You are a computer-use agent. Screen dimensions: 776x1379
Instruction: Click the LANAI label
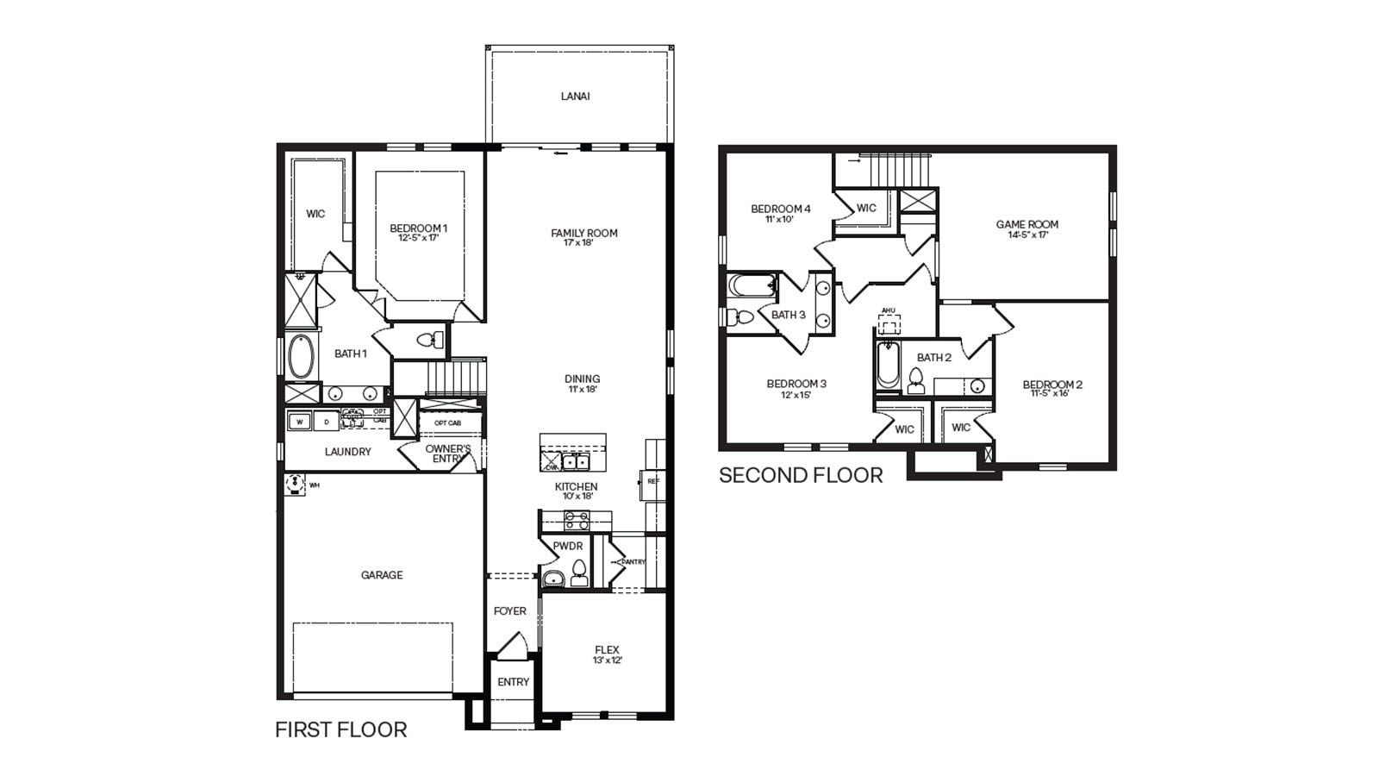click(x=575, y=97)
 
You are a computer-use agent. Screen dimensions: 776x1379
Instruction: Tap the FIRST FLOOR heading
click(x=340, y=729)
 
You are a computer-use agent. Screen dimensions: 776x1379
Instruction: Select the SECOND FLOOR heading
click(x=801, y=475)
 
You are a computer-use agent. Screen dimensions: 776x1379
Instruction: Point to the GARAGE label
click(x=382, y=575)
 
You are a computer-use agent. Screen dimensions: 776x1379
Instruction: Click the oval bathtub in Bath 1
click(x=301, y=357)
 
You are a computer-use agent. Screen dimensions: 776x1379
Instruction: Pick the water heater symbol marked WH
click(x=296, y=484)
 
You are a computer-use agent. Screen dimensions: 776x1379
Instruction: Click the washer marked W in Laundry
click(x=299, y=422)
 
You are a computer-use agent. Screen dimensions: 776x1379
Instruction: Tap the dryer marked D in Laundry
click(x=326, y=422)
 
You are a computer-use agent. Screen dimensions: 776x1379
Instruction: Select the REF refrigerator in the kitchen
click(x=652, y=482)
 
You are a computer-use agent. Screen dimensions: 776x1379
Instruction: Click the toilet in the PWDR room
click(x=579, y=573)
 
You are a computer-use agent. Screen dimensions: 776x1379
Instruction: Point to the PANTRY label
click(x=633, y=562)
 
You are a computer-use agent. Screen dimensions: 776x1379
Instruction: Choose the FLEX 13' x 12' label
click(x=607, y=654)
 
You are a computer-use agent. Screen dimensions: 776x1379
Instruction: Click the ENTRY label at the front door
click(x=513, y=682)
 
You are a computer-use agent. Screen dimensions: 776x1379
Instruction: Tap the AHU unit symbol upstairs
click(x=889, y=323)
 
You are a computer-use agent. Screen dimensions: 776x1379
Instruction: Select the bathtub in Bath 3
click(x=752, y=285)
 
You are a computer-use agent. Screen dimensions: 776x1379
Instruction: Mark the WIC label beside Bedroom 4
click(x=866, y=208)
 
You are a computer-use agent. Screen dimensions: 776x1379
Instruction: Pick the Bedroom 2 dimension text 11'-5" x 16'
click(x=1050, y=393)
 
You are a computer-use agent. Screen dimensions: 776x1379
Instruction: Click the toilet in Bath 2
click(x=915, y=380)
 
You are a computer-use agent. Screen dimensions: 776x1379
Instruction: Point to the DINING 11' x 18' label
click(x=583, y=384)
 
